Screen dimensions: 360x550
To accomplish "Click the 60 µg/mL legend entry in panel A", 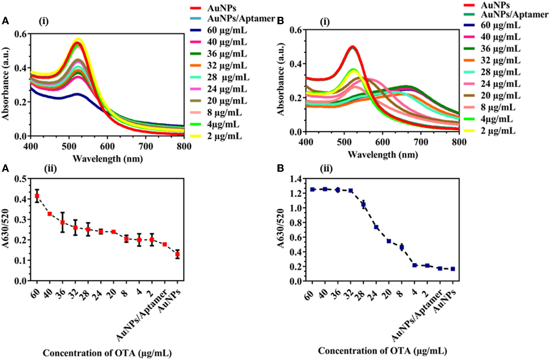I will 227,30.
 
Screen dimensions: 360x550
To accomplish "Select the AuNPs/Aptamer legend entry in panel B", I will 514,15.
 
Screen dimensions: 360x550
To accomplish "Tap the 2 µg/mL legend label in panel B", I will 498,131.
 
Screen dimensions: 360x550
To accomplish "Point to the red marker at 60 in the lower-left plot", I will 37,196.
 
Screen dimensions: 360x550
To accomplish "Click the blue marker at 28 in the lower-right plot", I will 363,204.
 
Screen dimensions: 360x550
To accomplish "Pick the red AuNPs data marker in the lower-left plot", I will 177,254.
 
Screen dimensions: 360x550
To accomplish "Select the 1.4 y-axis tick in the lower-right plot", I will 296,179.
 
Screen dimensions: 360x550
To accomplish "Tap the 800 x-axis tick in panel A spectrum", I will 184,146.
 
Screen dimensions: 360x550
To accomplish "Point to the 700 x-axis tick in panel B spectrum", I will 421,142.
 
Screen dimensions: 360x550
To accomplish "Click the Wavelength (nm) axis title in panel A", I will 108,159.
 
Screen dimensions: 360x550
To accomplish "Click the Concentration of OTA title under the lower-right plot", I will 382,351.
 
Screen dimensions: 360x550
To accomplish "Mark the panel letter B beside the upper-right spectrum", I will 280,21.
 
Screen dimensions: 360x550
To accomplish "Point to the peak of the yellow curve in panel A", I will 79,39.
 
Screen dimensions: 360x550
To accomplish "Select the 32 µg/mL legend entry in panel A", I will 227,66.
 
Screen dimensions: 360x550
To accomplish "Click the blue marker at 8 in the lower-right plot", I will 402,247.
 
